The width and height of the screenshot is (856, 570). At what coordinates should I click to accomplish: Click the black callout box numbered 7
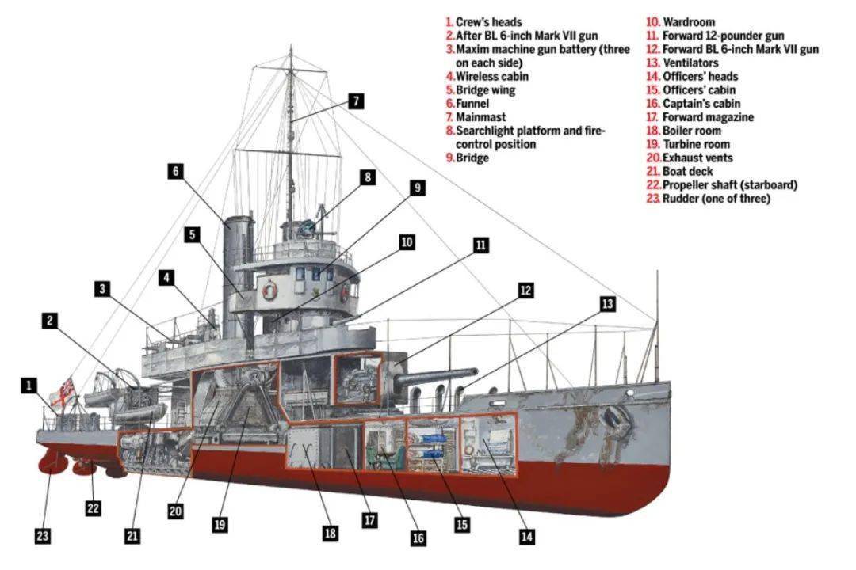click(356, 101)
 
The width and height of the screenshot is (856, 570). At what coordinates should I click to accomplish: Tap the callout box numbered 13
click(608, 303)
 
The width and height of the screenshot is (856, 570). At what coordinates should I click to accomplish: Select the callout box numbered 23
click(43, 536)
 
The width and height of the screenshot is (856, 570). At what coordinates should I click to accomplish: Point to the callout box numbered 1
click(29, 386)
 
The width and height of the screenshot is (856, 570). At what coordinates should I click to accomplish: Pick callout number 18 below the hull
click(331, 533)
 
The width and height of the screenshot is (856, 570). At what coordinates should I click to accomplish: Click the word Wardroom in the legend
click(689, 22)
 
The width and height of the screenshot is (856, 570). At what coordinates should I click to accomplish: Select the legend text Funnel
click(472, 104)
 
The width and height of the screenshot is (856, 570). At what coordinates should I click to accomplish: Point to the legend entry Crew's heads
click(488, 22)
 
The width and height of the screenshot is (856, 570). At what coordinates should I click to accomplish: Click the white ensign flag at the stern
click(64, 392)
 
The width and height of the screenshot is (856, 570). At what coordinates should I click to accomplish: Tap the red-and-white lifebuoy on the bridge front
click(270, 291)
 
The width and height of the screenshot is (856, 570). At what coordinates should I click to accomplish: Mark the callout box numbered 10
click(407, 242)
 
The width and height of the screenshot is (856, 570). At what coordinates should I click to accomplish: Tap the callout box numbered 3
click(102, 289)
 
